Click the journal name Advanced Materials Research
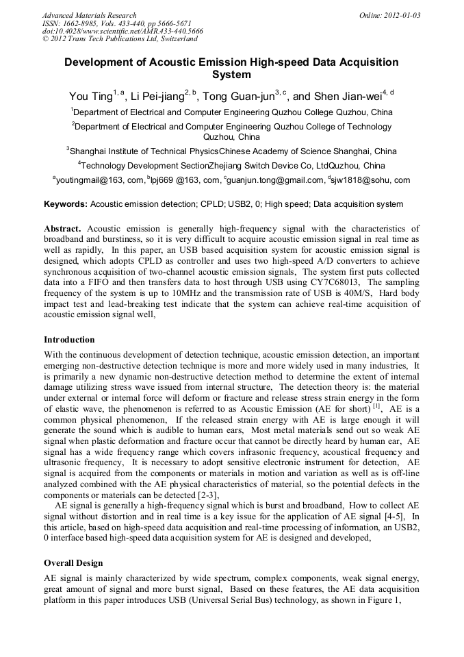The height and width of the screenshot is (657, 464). pos(89,15)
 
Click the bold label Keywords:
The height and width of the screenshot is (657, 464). pos(66,204)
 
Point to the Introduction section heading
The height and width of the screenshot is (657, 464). pos(69,340)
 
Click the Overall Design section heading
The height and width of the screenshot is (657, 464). pos(73,563)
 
